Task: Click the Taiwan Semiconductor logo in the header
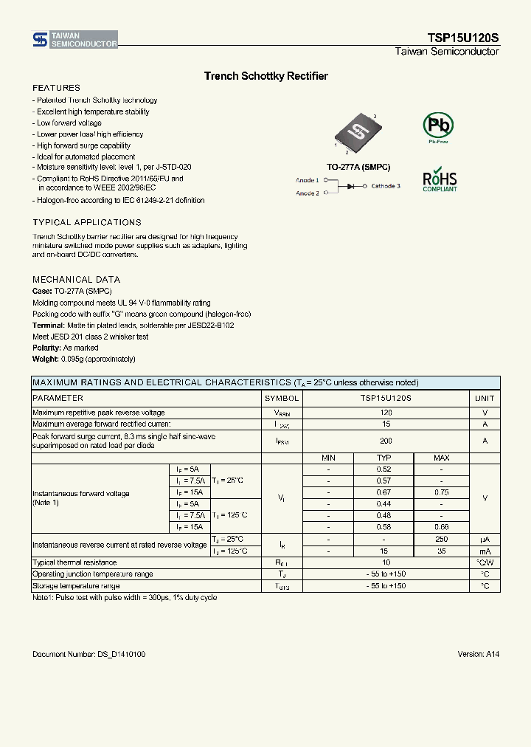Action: pyautogui.click(x=74, y=41)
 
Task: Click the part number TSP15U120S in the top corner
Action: pyautogui.click(x=463, y=38)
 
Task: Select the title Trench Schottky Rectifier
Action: pyautogui.click(x=265, y=76)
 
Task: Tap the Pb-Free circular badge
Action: pyautogui.click(x=437, y=127)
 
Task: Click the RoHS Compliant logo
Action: pyautogui.click(x=440, y=179)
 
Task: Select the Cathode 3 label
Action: pyautogui.click(x=385, y=186)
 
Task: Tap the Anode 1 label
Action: pyautogui.click(x=308, y=180)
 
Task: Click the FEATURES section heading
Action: pyautogui.click(x=56, y=88)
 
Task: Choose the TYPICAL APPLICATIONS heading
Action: pyautogui.click(x=86, y=222)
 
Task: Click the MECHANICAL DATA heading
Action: pyautogui.click(x=76, y=280)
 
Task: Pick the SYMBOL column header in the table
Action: pyautogui.click(x=282, y=398)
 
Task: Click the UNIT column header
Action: pyautogui.click(x=485, y=398)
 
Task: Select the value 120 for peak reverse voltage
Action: pyautogui.click(x=386, y=413)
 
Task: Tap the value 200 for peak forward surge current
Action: pyautogui.click(x=386, y=441)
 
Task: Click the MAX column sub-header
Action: pyautogui.click(x=441, y=458)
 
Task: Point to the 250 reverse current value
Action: pyautogui.click(x=441, y=540)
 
